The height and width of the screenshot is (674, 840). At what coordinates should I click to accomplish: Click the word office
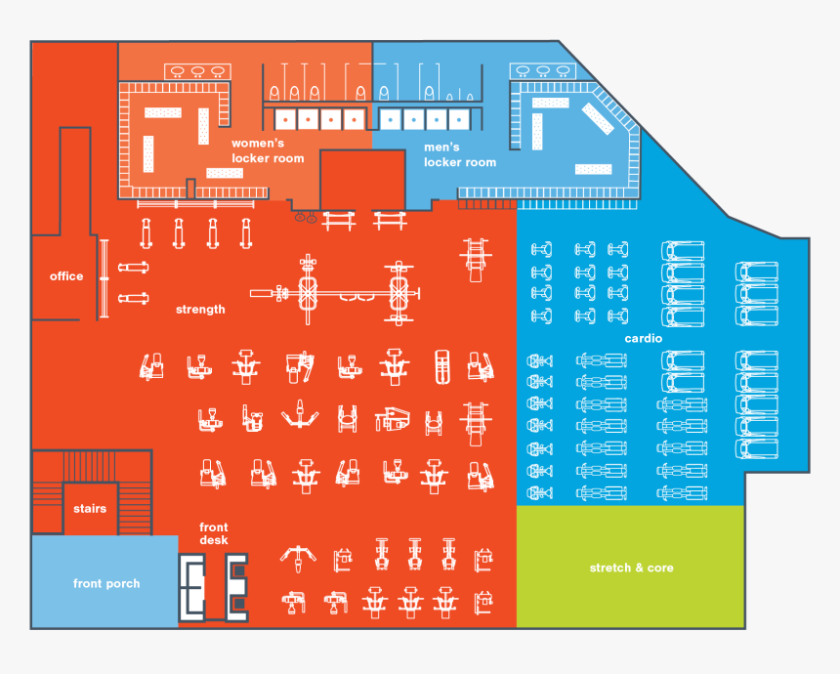pyautogui.click(x=66, y=276)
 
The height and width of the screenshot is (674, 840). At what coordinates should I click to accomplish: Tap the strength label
pyautogui.click(x=200, y=310)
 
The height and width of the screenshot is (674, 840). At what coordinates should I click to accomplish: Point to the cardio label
pyautogui.click(x=644, y=339)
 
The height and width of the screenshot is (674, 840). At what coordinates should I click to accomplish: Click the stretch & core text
pyautogui.click(x=632, y=568)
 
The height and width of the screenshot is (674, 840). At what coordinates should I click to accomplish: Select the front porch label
pyautogui.click(x=106, y=583)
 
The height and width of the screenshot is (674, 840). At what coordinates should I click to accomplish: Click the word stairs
pyautogui.click(x=90, y=509)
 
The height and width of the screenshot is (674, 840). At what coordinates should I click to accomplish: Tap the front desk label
pyautogui.click(x=214, y=533)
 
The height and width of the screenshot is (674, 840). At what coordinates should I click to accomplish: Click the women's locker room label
pyautogui.click(x=268, y=151)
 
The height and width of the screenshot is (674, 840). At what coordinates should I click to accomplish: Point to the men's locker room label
pyautogui.click(x=460, y=155)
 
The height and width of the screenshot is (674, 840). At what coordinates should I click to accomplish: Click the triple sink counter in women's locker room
pyautogui.click(x=197, y=71)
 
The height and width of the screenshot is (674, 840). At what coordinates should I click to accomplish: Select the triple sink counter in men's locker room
pyautogui.click(x=543, y=70)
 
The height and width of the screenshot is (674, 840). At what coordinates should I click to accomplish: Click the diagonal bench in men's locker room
pyautogui.click(x=598, y=118)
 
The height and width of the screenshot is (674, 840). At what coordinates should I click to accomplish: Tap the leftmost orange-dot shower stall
pyautogui.click(x=285, y=119)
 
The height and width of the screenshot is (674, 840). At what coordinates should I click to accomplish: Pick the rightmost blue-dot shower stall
pyautogui.click(x=459, y=119)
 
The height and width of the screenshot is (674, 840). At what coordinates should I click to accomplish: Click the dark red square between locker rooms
pyautogui.click(x=362, y=180)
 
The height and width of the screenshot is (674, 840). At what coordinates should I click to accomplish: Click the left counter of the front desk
pyautogui.click(x=191, y=588)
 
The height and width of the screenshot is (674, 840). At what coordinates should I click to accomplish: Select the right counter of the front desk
pyautogui.click(x=236, y=588)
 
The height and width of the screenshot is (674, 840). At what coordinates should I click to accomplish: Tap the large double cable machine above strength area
pyautogui.click(x=335, y=292)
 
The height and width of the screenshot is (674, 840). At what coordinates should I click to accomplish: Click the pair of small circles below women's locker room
pyautogui.click(x=306, y=218)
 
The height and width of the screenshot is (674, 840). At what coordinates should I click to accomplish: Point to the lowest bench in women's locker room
pyautogui.click(x=225, y=173)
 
